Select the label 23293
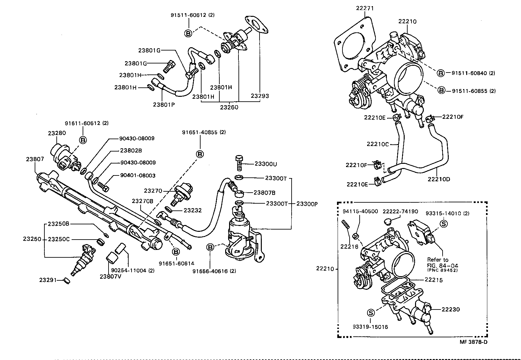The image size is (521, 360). click(x=260, y=96)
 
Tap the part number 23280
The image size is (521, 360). click(x=57, y=133)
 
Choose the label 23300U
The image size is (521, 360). click(x=265, y=164)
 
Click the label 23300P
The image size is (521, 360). click(x=307, y=204)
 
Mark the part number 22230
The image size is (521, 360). click(x=451, y=309)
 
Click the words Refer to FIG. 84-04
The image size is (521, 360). click(x=442, y=263)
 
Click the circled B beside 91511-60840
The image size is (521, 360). click(x=441, y=73)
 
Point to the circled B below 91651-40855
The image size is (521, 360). click(x=200, y=154)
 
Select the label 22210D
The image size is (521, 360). click(x=439, y=179)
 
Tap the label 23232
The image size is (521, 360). click(x=192, y=210)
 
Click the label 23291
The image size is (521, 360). click(x=48, y=280)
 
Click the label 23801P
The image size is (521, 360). click(x=164, y=104)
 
